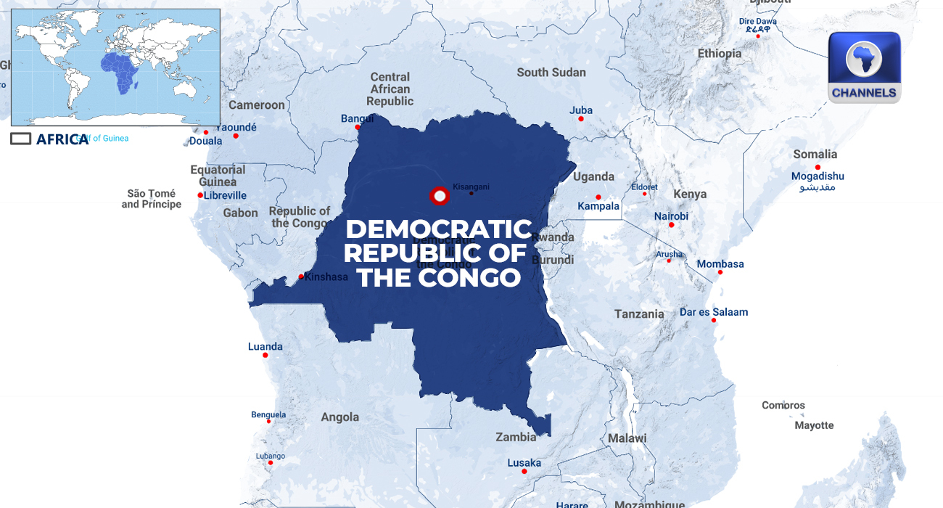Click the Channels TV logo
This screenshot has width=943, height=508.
[864, 67]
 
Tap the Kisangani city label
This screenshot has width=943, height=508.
[471, 187]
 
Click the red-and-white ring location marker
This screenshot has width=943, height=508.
[439, 196]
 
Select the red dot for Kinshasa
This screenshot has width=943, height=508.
[301, 276]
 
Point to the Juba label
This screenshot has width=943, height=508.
[581, 110]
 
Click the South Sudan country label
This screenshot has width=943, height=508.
[551, 73]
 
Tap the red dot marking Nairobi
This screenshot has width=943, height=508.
[671, 225]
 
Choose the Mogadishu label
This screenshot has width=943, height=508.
[818, 176]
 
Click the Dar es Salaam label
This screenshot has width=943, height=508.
[714, 312]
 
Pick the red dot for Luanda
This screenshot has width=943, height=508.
[265, 355]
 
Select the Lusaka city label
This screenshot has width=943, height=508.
[524, 462]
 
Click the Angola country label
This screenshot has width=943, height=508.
[340, 417]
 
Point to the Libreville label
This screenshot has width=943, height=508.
[225, 195]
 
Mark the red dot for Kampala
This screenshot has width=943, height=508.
[598, 197]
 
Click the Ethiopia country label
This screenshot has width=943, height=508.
[720, 53]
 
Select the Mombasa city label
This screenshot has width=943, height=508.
[720, 264]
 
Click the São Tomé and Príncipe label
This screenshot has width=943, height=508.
[152, 199]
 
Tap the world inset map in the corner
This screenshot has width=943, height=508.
[115, 67]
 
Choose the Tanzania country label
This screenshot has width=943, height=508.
[639, 314]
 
